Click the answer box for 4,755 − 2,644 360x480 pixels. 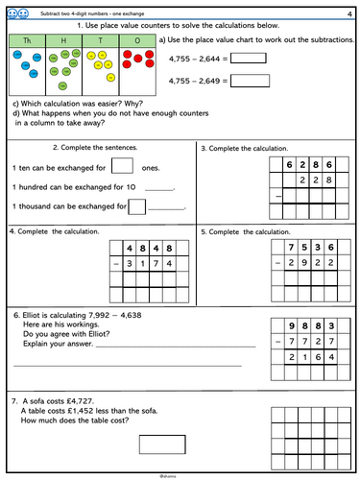coord(250,58)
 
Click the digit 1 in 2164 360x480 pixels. coord(301,359)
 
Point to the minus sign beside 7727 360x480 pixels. coord(267,343)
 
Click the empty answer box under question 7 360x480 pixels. coord(161,444)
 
